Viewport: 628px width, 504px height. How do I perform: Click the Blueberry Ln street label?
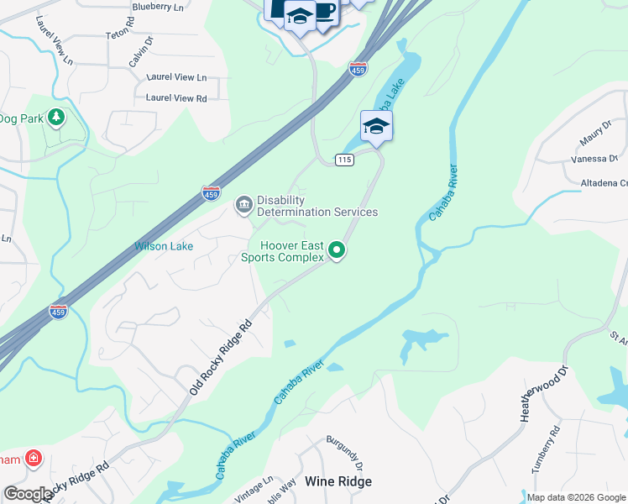point(158,7)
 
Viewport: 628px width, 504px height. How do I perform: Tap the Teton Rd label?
point(120,34)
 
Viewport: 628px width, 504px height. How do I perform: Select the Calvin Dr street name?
point(141,51)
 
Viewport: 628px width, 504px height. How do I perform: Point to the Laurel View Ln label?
point(176,77)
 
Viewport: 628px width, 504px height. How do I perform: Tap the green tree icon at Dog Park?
point(57,117)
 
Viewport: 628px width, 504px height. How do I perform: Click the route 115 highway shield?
point(343,160)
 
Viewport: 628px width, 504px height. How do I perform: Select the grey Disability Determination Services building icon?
point(243,204)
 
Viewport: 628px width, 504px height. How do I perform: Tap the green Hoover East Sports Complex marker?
point(337,249)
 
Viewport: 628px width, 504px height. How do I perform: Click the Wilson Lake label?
point(164,247)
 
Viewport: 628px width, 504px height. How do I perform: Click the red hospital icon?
point(33,459)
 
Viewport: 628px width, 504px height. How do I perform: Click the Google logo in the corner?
point(27,494)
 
